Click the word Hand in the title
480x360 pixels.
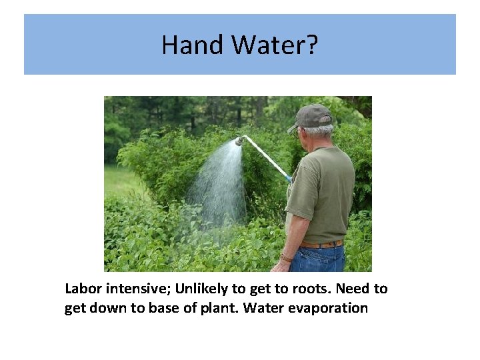point(193,45)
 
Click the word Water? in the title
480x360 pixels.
point(275,45)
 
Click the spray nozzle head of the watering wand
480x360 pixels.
point(239,141)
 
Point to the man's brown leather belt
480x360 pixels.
point(321,244)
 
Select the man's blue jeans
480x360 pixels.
point(319,259)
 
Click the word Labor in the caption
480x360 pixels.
point(81,289)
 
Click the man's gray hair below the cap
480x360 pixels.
point(320,130)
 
